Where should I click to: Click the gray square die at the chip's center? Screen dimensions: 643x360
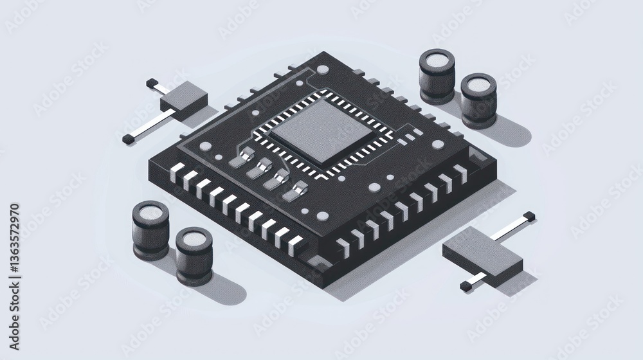[321, 130]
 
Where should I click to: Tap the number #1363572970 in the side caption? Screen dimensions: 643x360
[14, 239]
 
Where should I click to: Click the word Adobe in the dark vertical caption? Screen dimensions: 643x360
[14, 332]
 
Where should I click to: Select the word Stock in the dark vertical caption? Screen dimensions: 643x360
[14, 297]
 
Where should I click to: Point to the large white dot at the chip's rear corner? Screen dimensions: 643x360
[323, 69]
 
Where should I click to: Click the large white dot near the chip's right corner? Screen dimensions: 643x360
[438, 145]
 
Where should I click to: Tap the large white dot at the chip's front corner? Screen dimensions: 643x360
[323, 216]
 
